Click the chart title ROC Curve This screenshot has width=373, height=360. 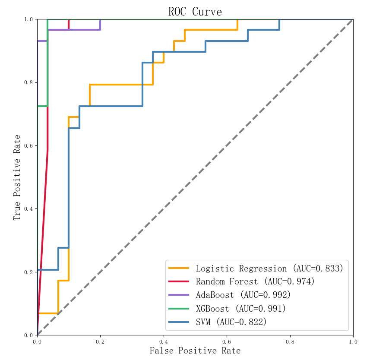pos(195,12)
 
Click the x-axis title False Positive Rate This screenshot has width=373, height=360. pos(195,351)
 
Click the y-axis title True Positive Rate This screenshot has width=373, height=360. pos(17,177)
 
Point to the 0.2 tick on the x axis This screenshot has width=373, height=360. pos(100,341)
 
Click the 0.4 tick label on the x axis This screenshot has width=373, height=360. pos(164,341)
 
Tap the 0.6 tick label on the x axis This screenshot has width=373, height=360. pos(227,341)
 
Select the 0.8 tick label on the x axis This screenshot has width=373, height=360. pos(290,341)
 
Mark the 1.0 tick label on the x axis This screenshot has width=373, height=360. pos(353,341)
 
